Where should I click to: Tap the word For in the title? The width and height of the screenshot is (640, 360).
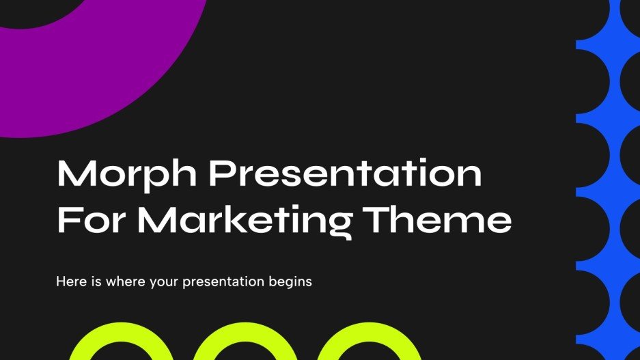pos(91,221)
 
